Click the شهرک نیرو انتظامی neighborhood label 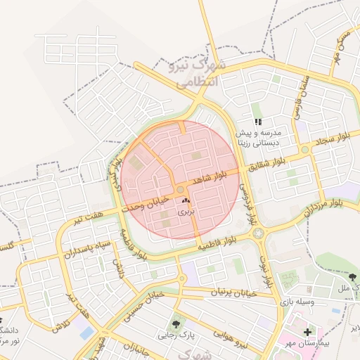[x=195, y=73]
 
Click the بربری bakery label [x=184, y=211]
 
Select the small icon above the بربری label [x=186, y=201]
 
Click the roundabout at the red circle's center [x=181, y=190]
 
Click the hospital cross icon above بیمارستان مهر [x=307, y=331]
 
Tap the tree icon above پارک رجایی [x=176, y=324]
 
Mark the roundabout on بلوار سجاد [x=304, y=150]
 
